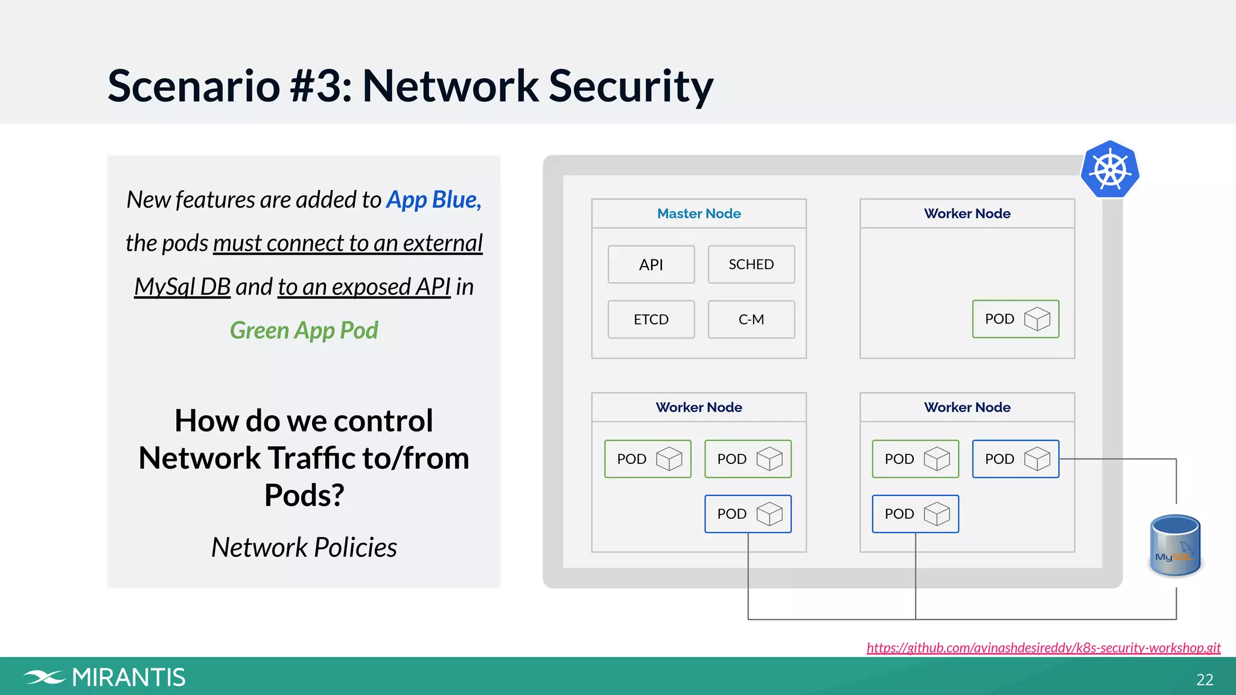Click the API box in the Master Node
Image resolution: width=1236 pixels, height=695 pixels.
click(651, 264)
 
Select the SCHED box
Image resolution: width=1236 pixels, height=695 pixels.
click(751, 264)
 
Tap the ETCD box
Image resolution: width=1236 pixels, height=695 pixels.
click(651, 319)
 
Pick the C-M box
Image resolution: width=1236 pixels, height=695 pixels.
click(751, 319)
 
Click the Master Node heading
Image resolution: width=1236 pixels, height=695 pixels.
click(699, 214)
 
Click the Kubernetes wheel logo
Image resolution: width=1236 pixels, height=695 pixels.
click(1110, 170)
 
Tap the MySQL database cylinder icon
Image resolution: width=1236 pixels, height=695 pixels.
click(1175, 545)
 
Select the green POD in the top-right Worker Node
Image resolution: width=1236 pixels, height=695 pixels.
click(1015, 319)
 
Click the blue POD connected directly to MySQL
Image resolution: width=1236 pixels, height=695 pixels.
click(1015, 459)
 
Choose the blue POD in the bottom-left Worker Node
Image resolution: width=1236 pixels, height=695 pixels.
click(748, 514)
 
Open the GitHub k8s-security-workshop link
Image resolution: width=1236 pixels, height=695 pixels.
click(1043, 647)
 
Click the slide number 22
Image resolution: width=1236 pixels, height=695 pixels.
click(1205, 680)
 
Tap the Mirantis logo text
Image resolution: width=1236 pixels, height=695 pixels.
click(128, 678)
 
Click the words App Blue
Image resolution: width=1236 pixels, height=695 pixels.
click(433, 200)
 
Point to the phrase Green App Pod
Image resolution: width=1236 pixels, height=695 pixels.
click(304, 330)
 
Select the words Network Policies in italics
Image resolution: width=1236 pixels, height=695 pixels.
click(304, 547)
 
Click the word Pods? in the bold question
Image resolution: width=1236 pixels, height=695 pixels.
click(304, 495)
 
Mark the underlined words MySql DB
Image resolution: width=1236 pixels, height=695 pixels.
click(182, 287)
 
